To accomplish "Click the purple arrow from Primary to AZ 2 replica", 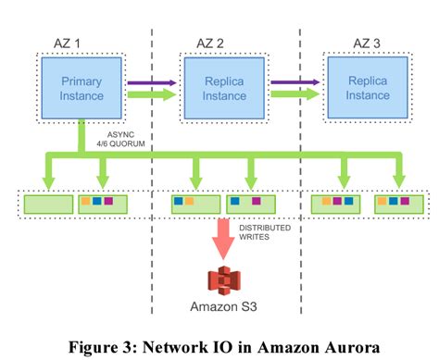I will click(x=149, y=81).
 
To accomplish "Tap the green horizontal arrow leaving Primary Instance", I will click(x=149, y=93).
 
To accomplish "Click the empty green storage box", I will click(x=48, y=203).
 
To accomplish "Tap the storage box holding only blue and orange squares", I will click(x=194, y=203).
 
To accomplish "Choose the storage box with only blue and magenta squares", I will click(x=251, y=203).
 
